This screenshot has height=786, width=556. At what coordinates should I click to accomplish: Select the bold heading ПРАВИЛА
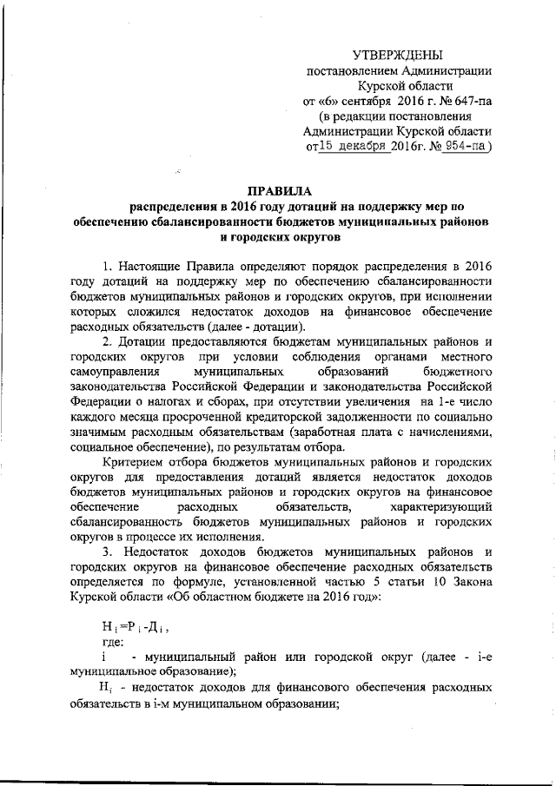click(x=278, y=191)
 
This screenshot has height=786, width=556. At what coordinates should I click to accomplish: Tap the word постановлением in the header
click(x=348, y=70)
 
